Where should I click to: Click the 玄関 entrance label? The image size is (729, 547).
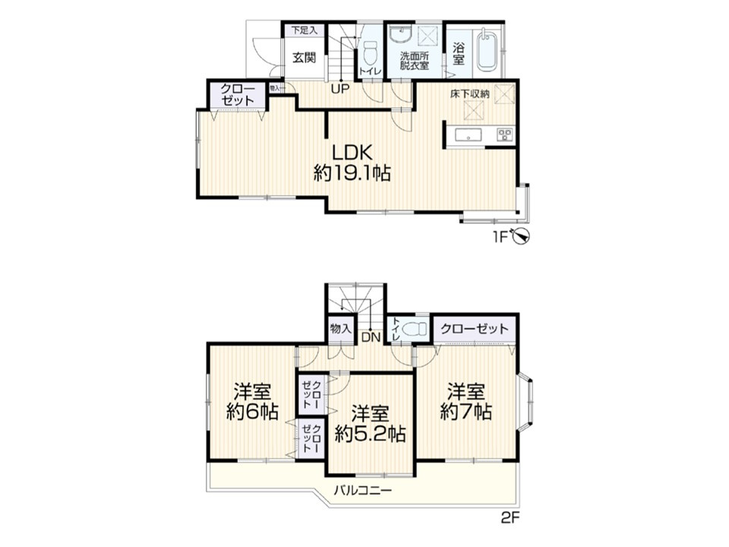[304, 58]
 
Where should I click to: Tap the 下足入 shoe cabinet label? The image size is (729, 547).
[304, 30]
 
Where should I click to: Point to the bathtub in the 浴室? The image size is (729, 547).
[487, 50]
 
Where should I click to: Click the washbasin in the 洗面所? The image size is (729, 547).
[400, 34]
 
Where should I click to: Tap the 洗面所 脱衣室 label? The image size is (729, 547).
[415, 61]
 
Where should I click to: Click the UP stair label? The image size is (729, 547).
[340, 89]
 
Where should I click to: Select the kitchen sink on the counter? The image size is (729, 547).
[469, 135]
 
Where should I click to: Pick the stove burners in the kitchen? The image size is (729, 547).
[504, 134]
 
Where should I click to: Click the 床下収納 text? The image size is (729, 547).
[469, 93]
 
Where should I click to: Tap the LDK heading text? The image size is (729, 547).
[352, 153]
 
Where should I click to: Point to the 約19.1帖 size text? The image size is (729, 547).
[352, 173]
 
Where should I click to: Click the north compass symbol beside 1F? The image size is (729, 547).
[520, 237]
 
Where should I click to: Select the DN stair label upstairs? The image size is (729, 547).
[371, 337]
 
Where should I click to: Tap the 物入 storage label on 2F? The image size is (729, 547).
[340, 329]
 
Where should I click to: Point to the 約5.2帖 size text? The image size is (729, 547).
[370, 434]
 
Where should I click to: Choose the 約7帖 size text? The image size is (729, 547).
[465, 412]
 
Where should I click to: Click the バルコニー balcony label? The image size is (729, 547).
[363, 490]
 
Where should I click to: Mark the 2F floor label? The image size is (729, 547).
[510, 517]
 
